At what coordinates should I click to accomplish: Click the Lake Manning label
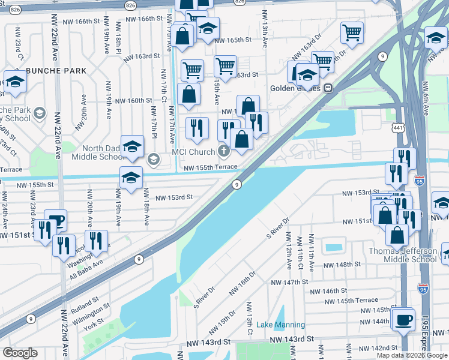(280, 325)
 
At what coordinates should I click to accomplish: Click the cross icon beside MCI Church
(223, 151)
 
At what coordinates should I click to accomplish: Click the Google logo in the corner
(19, 353)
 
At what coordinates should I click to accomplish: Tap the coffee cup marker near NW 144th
(403, 319)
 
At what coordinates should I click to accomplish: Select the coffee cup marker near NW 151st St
(55, 221)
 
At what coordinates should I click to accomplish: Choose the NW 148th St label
(342, 264)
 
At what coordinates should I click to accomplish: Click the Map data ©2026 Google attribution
(412, 355)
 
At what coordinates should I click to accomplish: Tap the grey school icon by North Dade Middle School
(152, 158)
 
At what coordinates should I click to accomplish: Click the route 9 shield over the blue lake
(237, 184)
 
